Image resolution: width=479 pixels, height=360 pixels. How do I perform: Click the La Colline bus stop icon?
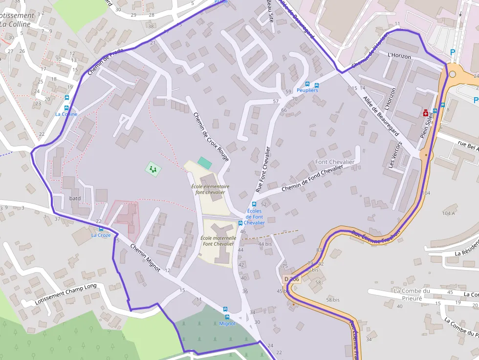[x=66, y=107]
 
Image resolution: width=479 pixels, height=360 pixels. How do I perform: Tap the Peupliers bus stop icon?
[x=307, y=84]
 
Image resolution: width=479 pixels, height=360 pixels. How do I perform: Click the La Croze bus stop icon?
[x=101, y=229]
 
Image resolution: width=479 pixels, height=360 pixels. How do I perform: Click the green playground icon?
[x=153, y=169]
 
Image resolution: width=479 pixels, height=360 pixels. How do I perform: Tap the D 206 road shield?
[x=291, y=279]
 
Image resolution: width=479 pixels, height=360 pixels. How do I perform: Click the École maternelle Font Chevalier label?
[x=218, y=241]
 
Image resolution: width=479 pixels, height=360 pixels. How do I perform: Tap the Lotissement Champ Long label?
[x=66, y=294]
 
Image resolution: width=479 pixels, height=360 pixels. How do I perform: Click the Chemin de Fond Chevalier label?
[x=312, y=179]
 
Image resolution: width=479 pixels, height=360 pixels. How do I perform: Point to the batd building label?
[x=75, y=198]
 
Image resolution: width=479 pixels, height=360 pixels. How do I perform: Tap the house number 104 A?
[x=448, y=213]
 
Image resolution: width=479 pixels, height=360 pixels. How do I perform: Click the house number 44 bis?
[x=264, y=244]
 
